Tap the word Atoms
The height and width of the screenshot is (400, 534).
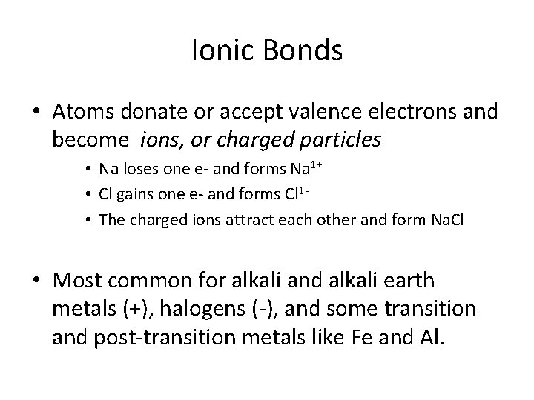click(x=85, y=111)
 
